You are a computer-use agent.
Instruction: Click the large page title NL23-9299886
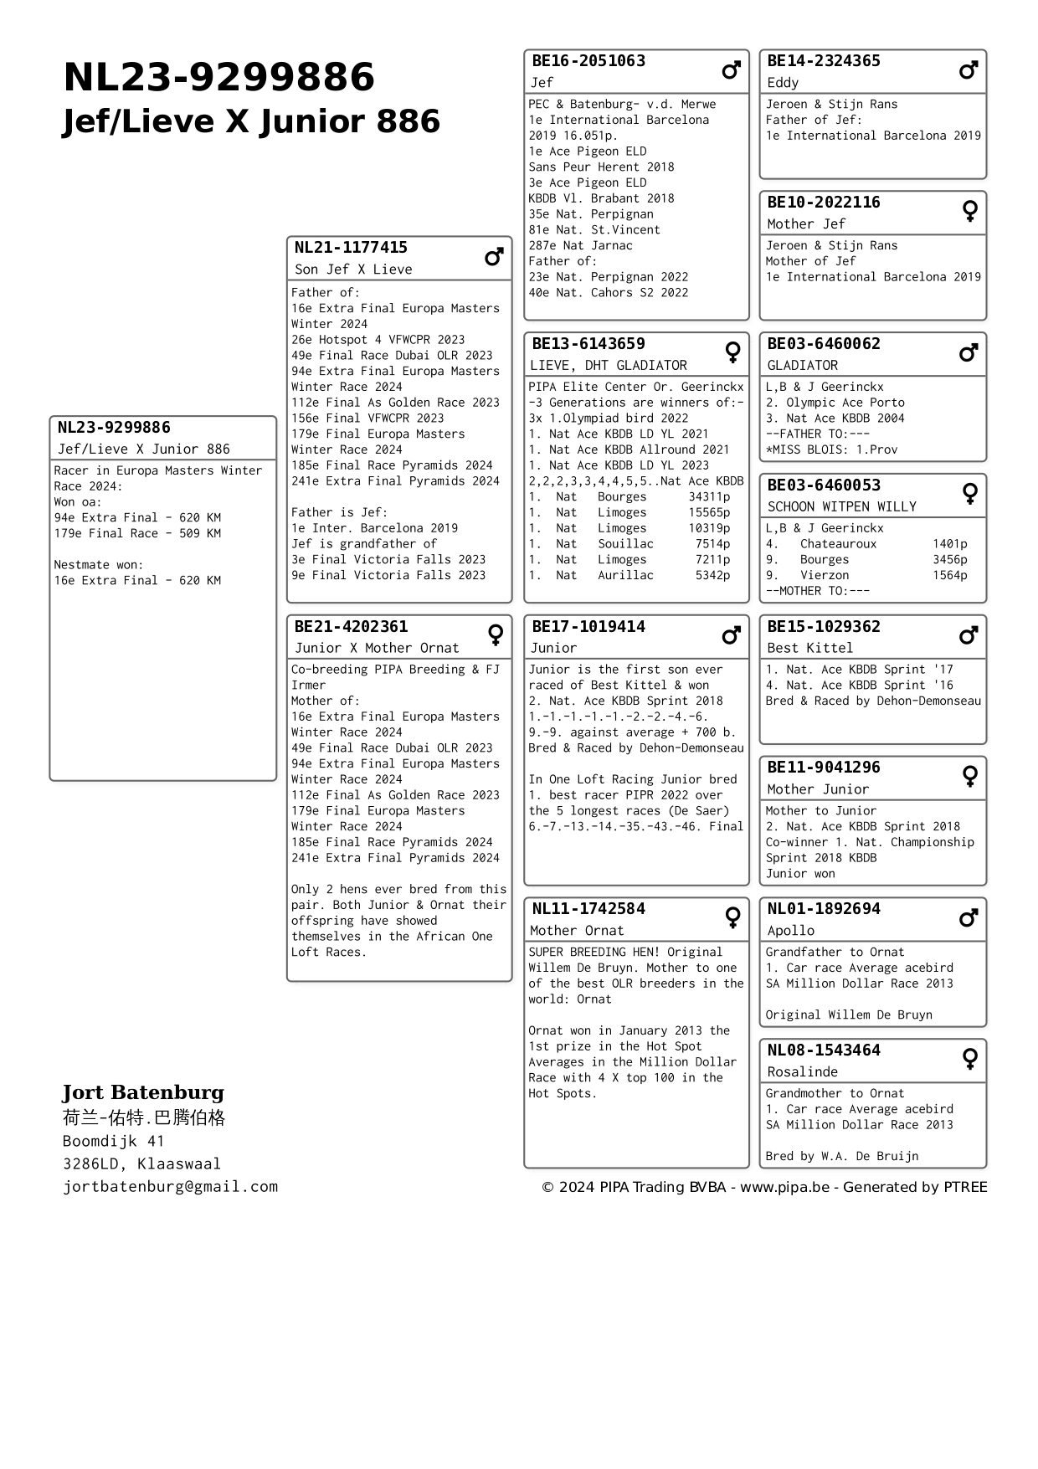pyautogui.click(x=218, y=78)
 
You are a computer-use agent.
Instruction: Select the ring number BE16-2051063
pyautogui.click(x=588, y=61)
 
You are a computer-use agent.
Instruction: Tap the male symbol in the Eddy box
pyautogui.click(x=969, y=70)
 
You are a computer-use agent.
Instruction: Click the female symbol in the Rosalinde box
pyautogui.click(x=969, y=1060)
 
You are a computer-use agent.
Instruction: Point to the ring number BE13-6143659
pyautogui.click(x=588, y=344)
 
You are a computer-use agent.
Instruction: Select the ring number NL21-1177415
pyautogui.click(x=351, y=248)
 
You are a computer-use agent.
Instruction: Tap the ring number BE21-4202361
pyautogui.click(x=351, y=627)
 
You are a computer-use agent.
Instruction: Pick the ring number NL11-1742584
pyautogui.click(x=588, y=909)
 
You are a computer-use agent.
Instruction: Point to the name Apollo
pyautogui.click(x=790, y=931)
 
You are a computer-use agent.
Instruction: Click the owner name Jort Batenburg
pyautogui.click(x=143, y=1092)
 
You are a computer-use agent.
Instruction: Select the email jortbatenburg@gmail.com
pyautogui.click(x=170, y=1187)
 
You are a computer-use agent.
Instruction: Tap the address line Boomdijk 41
pyautogui.click(x=113, y=1142)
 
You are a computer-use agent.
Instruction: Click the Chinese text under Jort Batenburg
pyautogui.click(x=143, y=1118)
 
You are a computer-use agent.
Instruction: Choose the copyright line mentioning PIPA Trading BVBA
pyautogui.click(x=764, y=1187)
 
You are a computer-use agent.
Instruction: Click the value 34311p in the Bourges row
pyautogui.click(x=709, y=497)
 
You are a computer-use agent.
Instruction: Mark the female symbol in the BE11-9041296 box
pyautogui.click(x=969, y=777)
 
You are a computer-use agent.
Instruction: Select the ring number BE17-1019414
pyautogui.click(x=588, y=627)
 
